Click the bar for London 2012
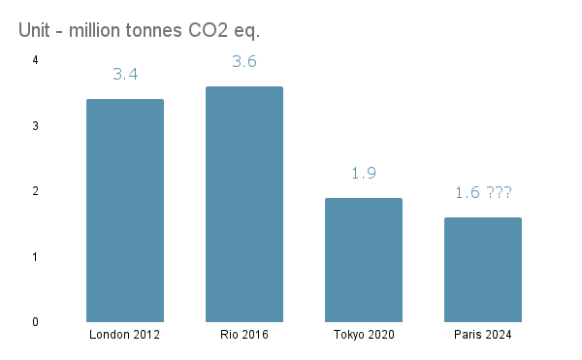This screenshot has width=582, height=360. coord(125,211)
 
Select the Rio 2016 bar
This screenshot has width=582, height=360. coord(244,204)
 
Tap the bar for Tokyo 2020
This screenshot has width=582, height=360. coord(364,260)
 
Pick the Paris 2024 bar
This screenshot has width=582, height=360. coord(483,270)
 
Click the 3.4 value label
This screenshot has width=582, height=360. coord(125,74)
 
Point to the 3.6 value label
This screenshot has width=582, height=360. coord(244,61)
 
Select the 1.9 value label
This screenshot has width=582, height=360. coord(364,173)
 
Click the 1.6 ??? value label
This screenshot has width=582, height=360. coord(483,192)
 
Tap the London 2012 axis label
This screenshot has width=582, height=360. coord(125,335)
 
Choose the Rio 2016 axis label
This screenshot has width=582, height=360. coord(244,335)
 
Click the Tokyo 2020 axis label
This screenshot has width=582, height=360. coord(364,335)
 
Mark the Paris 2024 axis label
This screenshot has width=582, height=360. coord(483,335)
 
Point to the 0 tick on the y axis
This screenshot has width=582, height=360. coord(35,322)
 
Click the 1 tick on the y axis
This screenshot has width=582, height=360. coord(35,257)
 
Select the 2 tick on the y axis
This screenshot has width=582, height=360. coord(35,191)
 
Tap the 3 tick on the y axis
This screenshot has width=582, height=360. coord(35,126)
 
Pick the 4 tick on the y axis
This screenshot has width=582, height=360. coord(35,60)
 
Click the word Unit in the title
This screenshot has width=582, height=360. coord(35,30)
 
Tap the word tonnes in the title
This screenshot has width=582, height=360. coord(148,30)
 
